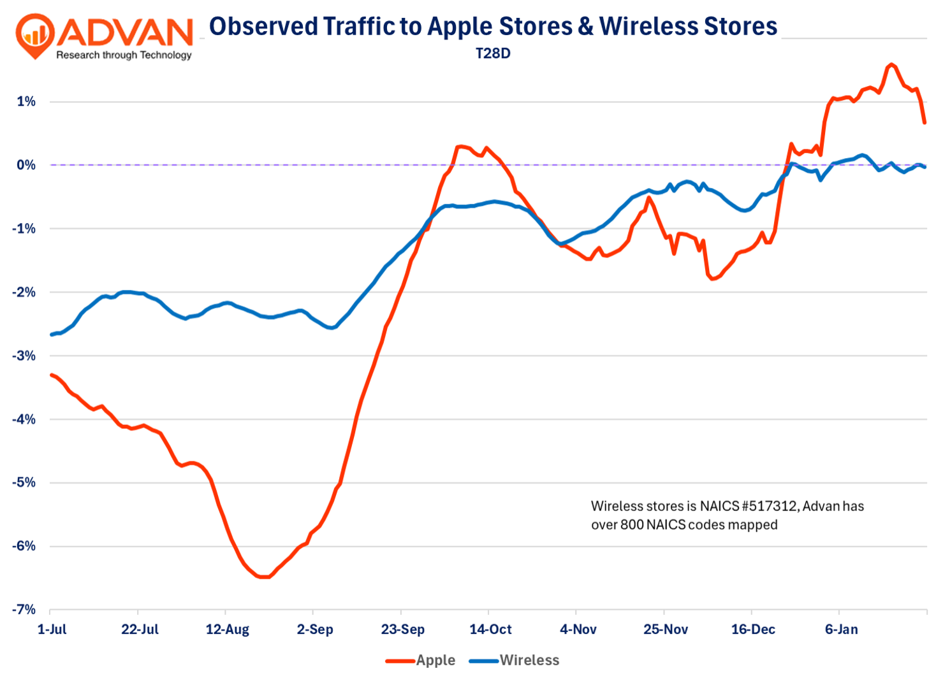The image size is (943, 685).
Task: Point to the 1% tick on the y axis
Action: tap(26, 101)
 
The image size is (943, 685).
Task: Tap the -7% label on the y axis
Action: tap(24, 609)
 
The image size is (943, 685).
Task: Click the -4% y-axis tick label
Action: tap(24, 419)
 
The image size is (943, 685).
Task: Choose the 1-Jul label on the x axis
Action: tap(52, 630)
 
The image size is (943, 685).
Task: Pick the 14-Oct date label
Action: tap(490, 630)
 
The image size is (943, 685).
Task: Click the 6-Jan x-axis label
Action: tap(841, 630)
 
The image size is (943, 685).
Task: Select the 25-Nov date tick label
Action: tap(666, 630)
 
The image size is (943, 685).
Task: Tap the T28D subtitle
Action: tap(493, 54)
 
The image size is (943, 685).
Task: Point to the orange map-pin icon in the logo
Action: tap(35, 36)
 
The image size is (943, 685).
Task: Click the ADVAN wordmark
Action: tap(128, 31)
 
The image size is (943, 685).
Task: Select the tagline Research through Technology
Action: tap(124, 55)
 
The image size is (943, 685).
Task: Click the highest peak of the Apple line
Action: tap(891, 64)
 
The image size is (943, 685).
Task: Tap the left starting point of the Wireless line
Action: tap(51, 335)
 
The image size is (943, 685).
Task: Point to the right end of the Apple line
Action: tap(925, 122)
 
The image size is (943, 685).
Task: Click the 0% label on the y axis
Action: tap(26, 165)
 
